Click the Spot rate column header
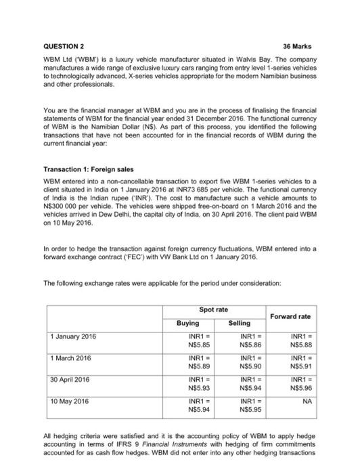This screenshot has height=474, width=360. (x=213, y=309)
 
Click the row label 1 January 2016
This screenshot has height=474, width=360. (x=74, y=336)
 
